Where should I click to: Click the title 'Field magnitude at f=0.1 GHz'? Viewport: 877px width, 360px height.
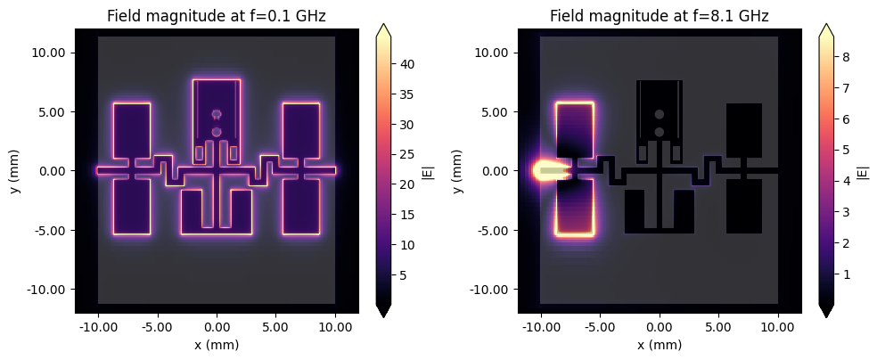(217, 16)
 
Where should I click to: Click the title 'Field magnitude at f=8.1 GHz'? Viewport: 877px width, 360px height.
(660, 16)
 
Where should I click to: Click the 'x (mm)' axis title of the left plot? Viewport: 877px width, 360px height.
(217, 345)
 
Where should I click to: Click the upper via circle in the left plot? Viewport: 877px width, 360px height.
(217, 114)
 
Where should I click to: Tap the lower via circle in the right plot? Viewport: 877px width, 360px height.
(660, 132)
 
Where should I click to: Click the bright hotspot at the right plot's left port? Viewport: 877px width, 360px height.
(541, 170)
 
